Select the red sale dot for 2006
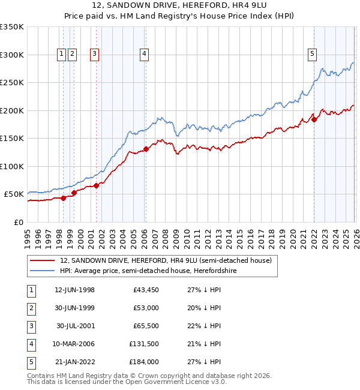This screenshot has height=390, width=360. click(x=146, y=149)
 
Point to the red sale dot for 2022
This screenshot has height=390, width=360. click(x=314, y=119)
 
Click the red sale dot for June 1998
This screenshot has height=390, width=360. click(x=63, y=199)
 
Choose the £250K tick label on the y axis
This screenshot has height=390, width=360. click(x=12, y=83)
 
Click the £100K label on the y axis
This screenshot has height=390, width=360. click(x=12, y=166)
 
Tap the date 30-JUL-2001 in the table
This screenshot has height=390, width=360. click(x=74, y=326)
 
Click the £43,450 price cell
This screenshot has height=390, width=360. click(x=144, y=290)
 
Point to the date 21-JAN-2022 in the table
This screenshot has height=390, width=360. click(x=74, y=362)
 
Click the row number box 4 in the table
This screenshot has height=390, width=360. click(x=30, y=344)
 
